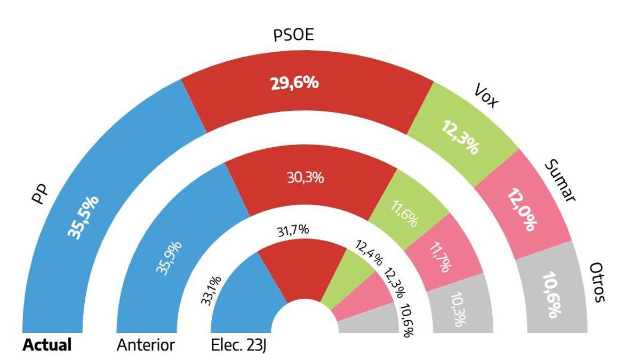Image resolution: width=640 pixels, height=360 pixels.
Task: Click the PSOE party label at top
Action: [293, 36]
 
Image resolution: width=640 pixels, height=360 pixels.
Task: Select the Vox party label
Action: [485, 96]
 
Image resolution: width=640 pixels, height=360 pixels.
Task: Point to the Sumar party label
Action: [560, 181]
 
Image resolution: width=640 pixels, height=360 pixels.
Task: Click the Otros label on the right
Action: [598, 282]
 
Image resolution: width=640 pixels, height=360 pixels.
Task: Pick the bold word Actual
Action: [47, 345]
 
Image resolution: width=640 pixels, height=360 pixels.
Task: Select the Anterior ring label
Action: [145, 345]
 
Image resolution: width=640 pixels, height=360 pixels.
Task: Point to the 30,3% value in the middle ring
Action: [305, 178]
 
